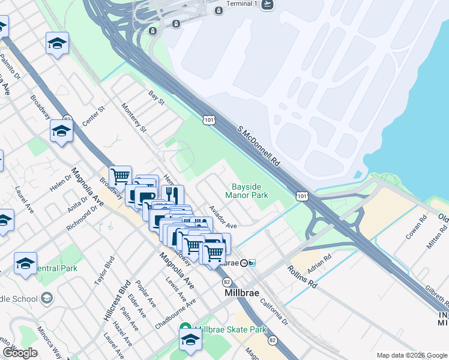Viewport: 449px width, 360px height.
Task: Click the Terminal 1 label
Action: [241, 4]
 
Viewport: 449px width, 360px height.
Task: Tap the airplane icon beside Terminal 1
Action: [267, 4]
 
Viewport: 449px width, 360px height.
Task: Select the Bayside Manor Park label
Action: [247, 191]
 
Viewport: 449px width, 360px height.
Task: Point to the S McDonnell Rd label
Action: [259, 146]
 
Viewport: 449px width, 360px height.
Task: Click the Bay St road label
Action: [157, 98]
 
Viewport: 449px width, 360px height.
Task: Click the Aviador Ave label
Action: [223, 217]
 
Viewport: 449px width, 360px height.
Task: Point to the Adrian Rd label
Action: [319, 265]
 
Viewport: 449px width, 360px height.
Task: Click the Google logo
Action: [20, 353]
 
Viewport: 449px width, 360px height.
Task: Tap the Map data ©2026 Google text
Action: [412, 355]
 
